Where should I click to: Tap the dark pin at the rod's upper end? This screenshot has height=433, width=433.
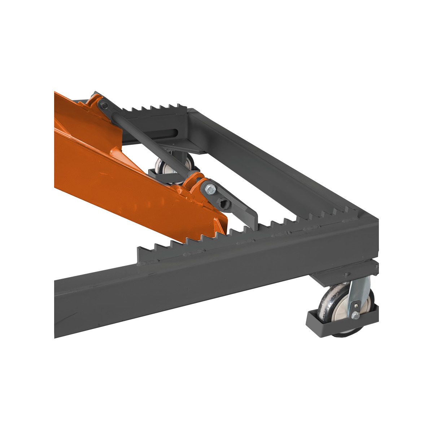pyautogui.click(x=104, y=106)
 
